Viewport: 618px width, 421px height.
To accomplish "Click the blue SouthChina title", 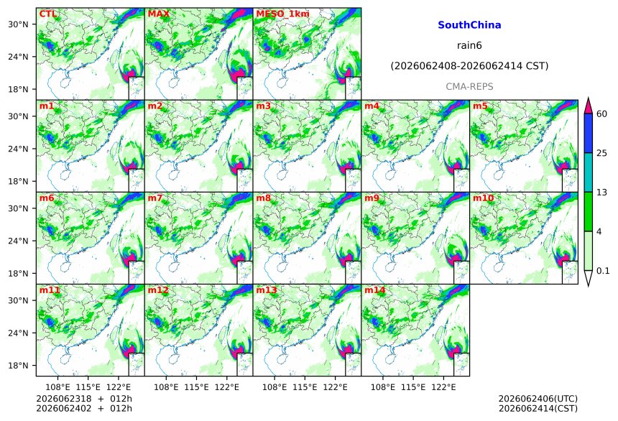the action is coord(469,25).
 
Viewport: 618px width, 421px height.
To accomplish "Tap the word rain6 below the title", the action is coord(469,45).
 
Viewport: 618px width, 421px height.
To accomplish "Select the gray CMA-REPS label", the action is coord(469,87).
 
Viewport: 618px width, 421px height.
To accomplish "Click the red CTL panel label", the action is coord(47,14).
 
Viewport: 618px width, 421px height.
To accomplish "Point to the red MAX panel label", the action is coord(158,14).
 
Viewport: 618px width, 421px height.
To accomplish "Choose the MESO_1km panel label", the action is coord(282,14).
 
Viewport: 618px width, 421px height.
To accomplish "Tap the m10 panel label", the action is coord(483,198).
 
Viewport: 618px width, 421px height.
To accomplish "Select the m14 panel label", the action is coord(375,290).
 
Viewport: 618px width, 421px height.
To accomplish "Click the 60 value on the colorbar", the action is coord(601,114).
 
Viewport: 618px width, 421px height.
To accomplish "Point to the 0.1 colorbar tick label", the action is coord(603,270).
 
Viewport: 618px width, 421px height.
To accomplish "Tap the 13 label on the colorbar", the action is coord(601,193).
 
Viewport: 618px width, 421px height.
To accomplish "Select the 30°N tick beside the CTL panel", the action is coord(18,24).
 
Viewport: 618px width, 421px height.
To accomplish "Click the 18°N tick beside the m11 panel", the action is coord(18,366).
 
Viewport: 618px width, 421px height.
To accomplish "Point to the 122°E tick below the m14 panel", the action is coord(443,387).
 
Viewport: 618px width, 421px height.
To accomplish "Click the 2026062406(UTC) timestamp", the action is coord(538,399).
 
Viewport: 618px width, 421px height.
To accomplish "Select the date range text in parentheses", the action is coord(469,66).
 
